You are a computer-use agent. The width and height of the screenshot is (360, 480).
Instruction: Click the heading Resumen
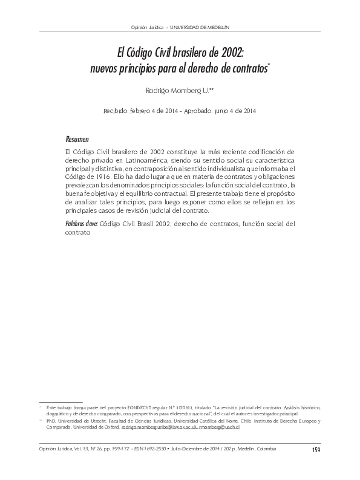click(76, 138)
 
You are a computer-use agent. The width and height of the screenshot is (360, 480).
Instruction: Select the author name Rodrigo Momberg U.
click(178, 91)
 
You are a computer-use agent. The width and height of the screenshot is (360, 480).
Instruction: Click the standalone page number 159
click(315, 449)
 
